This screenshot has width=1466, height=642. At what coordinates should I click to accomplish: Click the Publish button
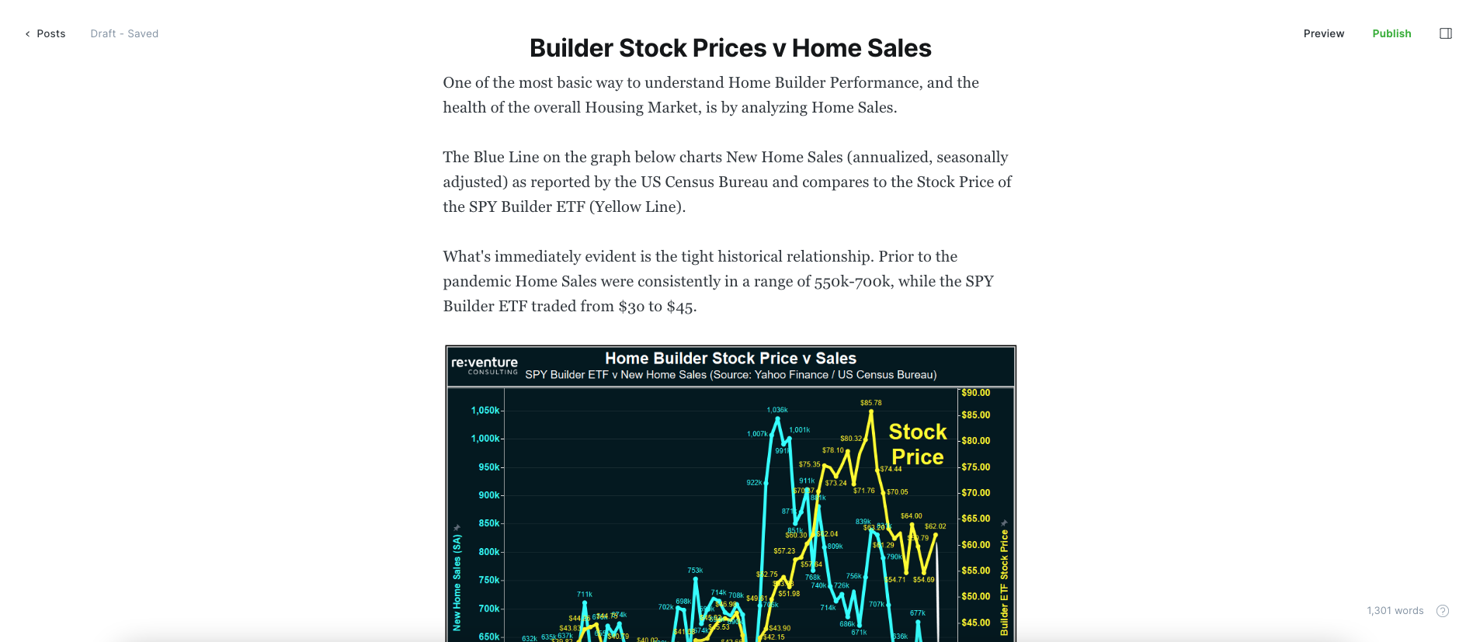(1391, 33)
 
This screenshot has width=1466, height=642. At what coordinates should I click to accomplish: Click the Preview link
(1323, 33)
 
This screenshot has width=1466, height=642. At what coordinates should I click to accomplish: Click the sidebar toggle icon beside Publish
(1445, 33)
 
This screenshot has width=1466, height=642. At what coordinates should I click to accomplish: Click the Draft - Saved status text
(124, 33)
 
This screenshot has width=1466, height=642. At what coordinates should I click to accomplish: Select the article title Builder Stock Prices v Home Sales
(730, 48)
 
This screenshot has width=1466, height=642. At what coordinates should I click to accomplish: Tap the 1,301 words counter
(1395, 611)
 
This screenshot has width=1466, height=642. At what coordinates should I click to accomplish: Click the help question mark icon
(1443, 611)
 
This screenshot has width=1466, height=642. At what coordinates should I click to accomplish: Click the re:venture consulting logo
(485, 365)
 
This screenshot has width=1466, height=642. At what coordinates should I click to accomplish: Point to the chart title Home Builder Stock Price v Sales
(730, 359)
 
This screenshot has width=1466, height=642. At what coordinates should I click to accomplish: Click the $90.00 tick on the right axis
(975, 393)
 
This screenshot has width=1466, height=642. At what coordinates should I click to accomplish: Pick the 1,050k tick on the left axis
(485, 411)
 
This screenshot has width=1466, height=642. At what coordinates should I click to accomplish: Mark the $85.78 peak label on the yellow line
(870, 403)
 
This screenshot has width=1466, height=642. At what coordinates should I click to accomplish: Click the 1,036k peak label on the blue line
(776, 410)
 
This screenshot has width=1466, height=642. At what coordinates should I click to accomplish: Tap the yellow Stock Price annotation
(917, 444)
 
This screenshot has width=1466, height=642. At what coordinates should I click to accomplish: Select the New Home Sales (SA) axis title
(457, 581)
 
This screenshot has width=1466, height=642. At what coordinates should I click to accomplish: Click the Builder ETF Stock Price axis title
(1004, 582)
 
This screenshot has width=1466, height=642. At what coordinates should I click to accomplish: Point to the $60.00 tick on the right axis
(975, 545)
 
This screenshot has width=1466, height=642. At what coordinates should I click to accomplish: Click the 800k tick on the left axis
(489, 552)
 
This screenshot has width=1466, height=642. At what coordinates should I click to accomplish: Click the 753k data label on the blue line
(695, 571)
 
